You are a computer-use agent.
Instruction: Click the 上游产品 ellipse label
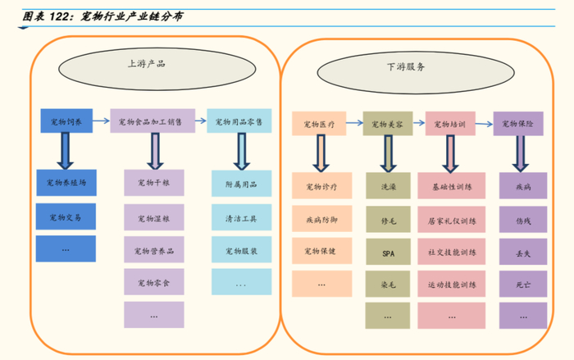157,69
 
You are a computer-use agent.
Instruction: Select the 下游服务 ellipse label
416,72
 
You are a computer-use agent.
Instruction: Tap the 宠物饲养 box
66,121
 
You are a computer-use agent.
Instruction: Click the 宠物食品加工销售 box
153,121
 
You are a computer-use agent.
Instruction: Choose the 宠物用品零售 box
239,121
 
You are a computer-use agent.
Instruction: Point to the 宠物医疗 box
319,124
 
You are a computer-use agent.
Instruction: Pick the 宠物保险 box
518,124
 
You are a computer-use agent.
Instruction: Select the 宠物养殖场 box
66,182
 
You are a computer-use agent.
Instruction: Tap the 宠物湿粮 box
154,217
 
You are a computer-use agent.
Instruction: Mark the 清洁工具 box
242,217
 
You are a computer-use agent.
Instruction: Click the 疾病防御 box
321,219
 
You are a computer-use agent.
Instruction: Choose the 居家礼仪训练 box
451,220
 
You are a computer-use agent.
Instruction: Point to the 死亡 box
523,284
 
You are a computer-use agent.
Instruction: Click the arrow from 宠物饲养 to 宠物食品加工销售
101,121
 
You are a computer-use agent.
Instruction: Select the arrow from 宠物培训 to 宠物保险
484,124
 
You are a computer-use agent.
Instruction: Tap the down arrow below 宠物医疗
321,153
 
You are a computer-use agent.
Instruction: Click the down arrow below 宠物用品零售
242,151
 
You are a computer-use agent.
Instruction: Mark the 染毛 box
388,284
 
